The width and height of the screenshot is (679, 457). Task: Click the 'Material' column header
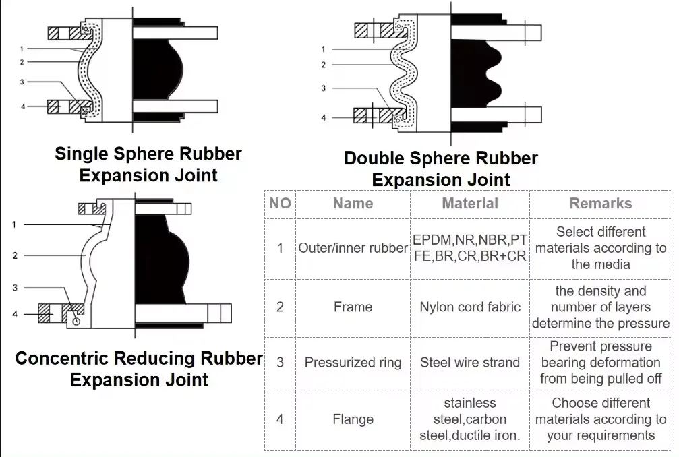(x=470, y=204)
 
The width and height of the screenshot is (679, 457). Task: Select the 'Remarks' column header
(x=600, y=204)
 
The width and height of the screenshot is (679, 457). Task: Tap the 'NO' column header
(x=280, y=204)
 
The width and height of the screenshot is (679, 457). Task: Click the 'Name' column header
(x=353, y=204)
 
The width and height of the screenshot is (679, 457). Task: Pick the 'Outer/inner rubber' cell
(x=353, y=248)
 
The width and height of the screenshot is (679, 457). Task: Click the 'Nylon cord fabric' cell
(x=470, y=307)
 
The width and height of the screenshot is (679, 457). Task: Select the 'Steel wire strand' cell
(x=470, y=363)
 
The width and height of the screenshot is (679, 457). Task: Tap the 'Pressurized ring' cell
(x=353, y=363)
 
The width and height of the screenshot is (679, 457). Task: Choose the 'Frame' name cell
(x=353, y=307)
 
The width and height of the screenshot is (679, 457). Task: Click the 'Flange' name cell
(x=353, y=419)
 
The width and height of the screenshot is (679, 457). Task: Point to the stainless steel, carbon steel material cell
(x=470, y=419)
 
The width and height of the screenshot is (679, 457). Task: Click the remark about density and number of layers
(x=600, y=307)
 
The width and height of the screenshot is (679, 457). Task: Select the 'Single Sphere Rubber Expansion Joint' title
(x=148, y=164)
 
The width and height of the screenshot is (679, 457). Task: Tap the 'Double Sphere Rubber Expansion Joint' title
(x=441, y=169)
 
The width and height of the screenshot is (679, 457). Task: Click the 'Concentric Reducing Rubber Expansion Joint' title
(x=139, y=369)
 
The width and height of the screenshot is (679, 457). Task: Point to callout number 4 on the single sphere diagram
(x=22, y=106)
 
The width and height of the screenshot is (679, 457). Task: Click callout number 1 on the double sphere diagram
(x=323, y=49)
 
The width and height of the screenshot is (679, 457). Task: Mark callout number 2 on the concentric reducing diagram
(x=14, y=255)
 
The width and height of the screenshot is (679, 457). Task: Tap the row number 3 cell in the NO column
(x=280, y=363)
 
